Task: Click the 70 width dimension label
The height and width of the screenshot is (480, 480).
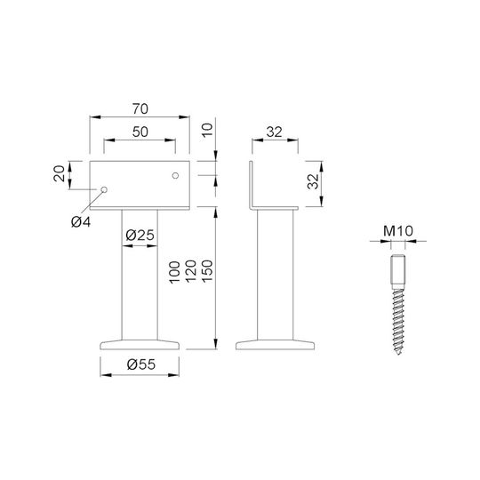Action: tap(140, 108)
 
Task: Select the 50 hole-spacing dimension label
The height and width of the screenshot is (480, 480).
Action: tap(140, 132)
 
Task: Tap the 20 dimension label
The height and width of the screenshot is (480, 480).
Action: tap(59, 173)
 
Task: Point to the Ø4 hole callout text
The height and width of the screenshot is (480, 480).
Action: tap(81, 221)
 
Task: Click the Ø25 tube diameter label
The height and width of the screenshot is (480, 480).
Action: tap(140, 235)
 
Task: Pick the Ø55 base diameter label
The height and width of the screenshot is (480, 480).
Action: tap(141, 364)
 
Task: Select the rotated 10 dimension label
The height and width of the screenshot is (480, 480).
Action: tap(207, 130)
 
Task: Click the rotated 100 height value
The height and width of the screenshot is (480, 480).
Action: tap(174, 272)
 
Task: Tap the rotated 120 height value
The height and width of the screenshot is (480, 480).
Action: tap(191, 271)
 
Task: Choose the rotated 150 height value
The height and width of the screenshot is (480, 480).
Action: tap(207, 271)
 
